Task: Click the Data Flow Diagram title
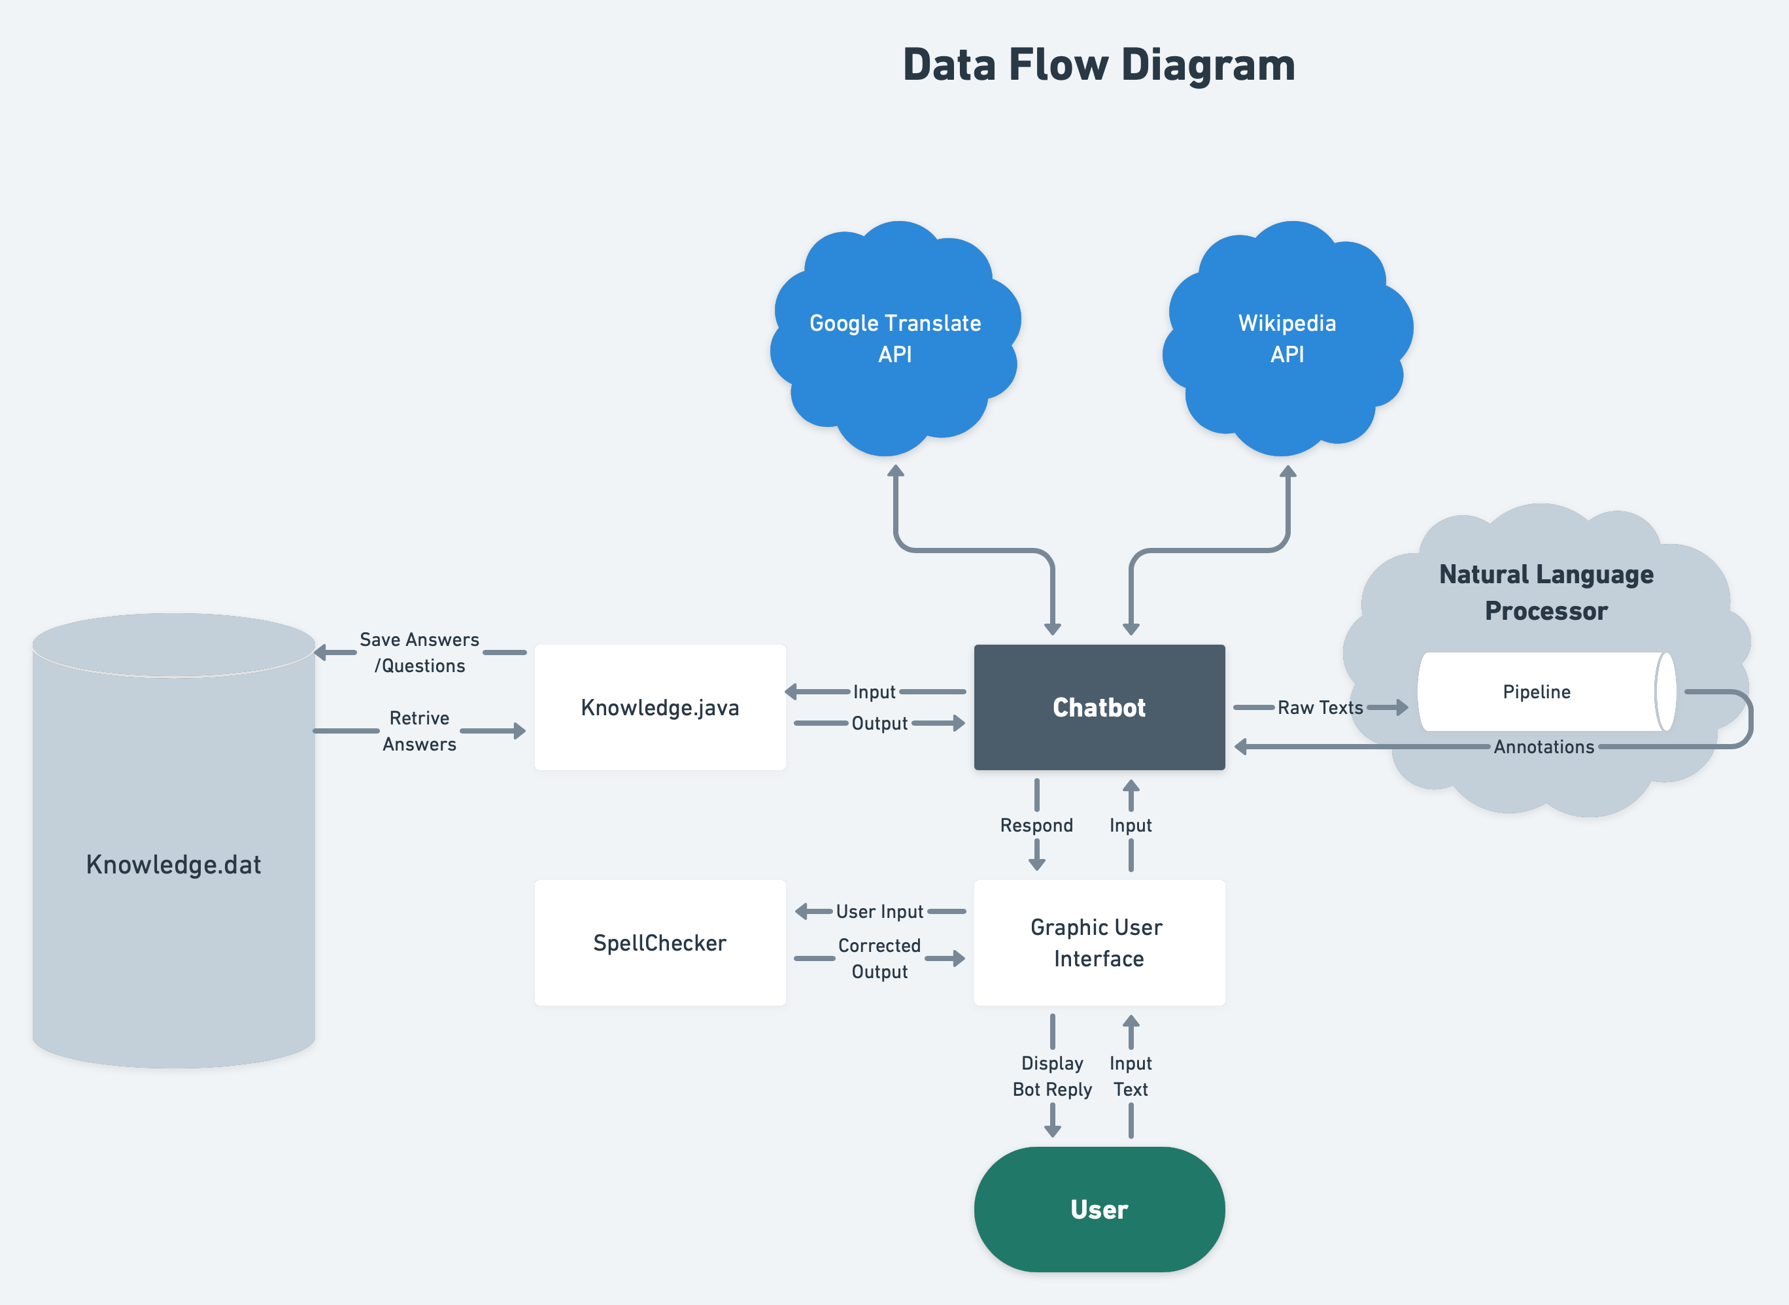pyautogui.click(x=1099, y=65)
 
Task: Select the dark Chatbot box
pyautogui.click(x=1099, y=707)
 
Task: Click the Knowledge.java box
pyautogui.click(x=660, y=707)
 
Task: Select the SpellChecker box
pyautogui.click(x=660, y=942)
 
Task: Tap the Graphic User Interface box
pyautogui.click(x=1099, y=942)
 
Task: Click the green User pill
pyautogui.click(x=1099, y=1209)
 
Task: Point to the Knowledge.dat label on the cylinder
pyautogui.click(x=174, y=864)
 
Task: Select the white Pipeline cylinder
pyautogui.click(x=1536, y=692)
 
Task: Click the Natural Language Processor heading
pyautogui.click(x=1546, y=592)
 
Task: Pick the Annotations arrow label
pyautogui.click(x=1543, y=747)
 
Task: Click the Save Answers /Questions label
pyautogui.click(x=419, y=652)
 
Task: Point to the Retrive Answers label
pyautogui.click(x=419, y=731)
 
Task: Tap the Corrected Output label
pyautogui.click(x=879, y=958)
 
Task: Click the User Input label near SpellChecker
pyautogui.click(x=879, y=911)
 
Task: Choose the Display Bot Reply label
pyautogui.click(x=1052, y=1076)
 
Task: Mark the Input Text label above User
pyautogui.click(x=1131, y=1076)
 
